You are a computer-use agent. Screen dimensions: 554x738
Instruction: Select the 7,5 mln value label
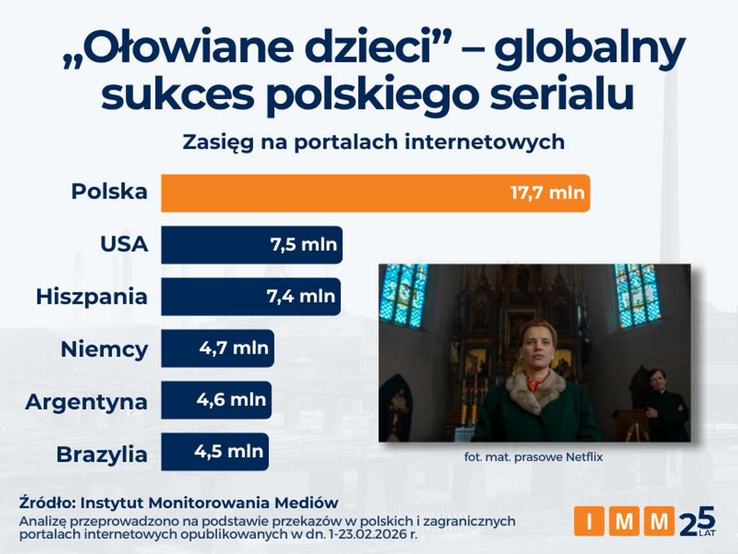coord(303,245)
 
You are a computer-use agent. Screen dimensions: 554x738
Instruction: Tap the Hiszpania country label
coord(91,297)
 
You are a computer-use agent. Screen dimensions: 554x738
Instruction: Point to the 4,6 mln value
coord(231,400)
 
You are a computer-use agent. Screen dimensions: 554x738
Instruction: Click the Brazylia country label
coord(102,454)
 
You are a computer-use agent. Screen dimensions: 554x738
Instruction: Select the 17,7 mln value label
coord(547,192)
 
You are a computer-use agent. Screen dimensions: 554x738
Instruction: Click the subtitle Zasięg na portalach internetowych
coord(374,141)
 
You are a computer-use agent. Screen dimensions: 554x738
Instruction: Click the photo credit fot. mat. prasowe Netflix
coord(533,457)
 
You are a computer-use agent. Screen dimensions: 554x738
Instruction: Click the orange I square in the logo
coord(589,522)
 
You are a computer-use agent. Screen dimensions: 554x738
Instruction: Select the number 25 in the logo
coord(697,521)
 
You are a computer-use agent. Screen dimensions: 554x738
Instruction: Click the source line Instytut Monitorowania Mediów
coord(179,502)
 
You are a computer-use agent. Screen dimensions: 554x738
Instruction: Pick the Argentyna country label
coord(86,402)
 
